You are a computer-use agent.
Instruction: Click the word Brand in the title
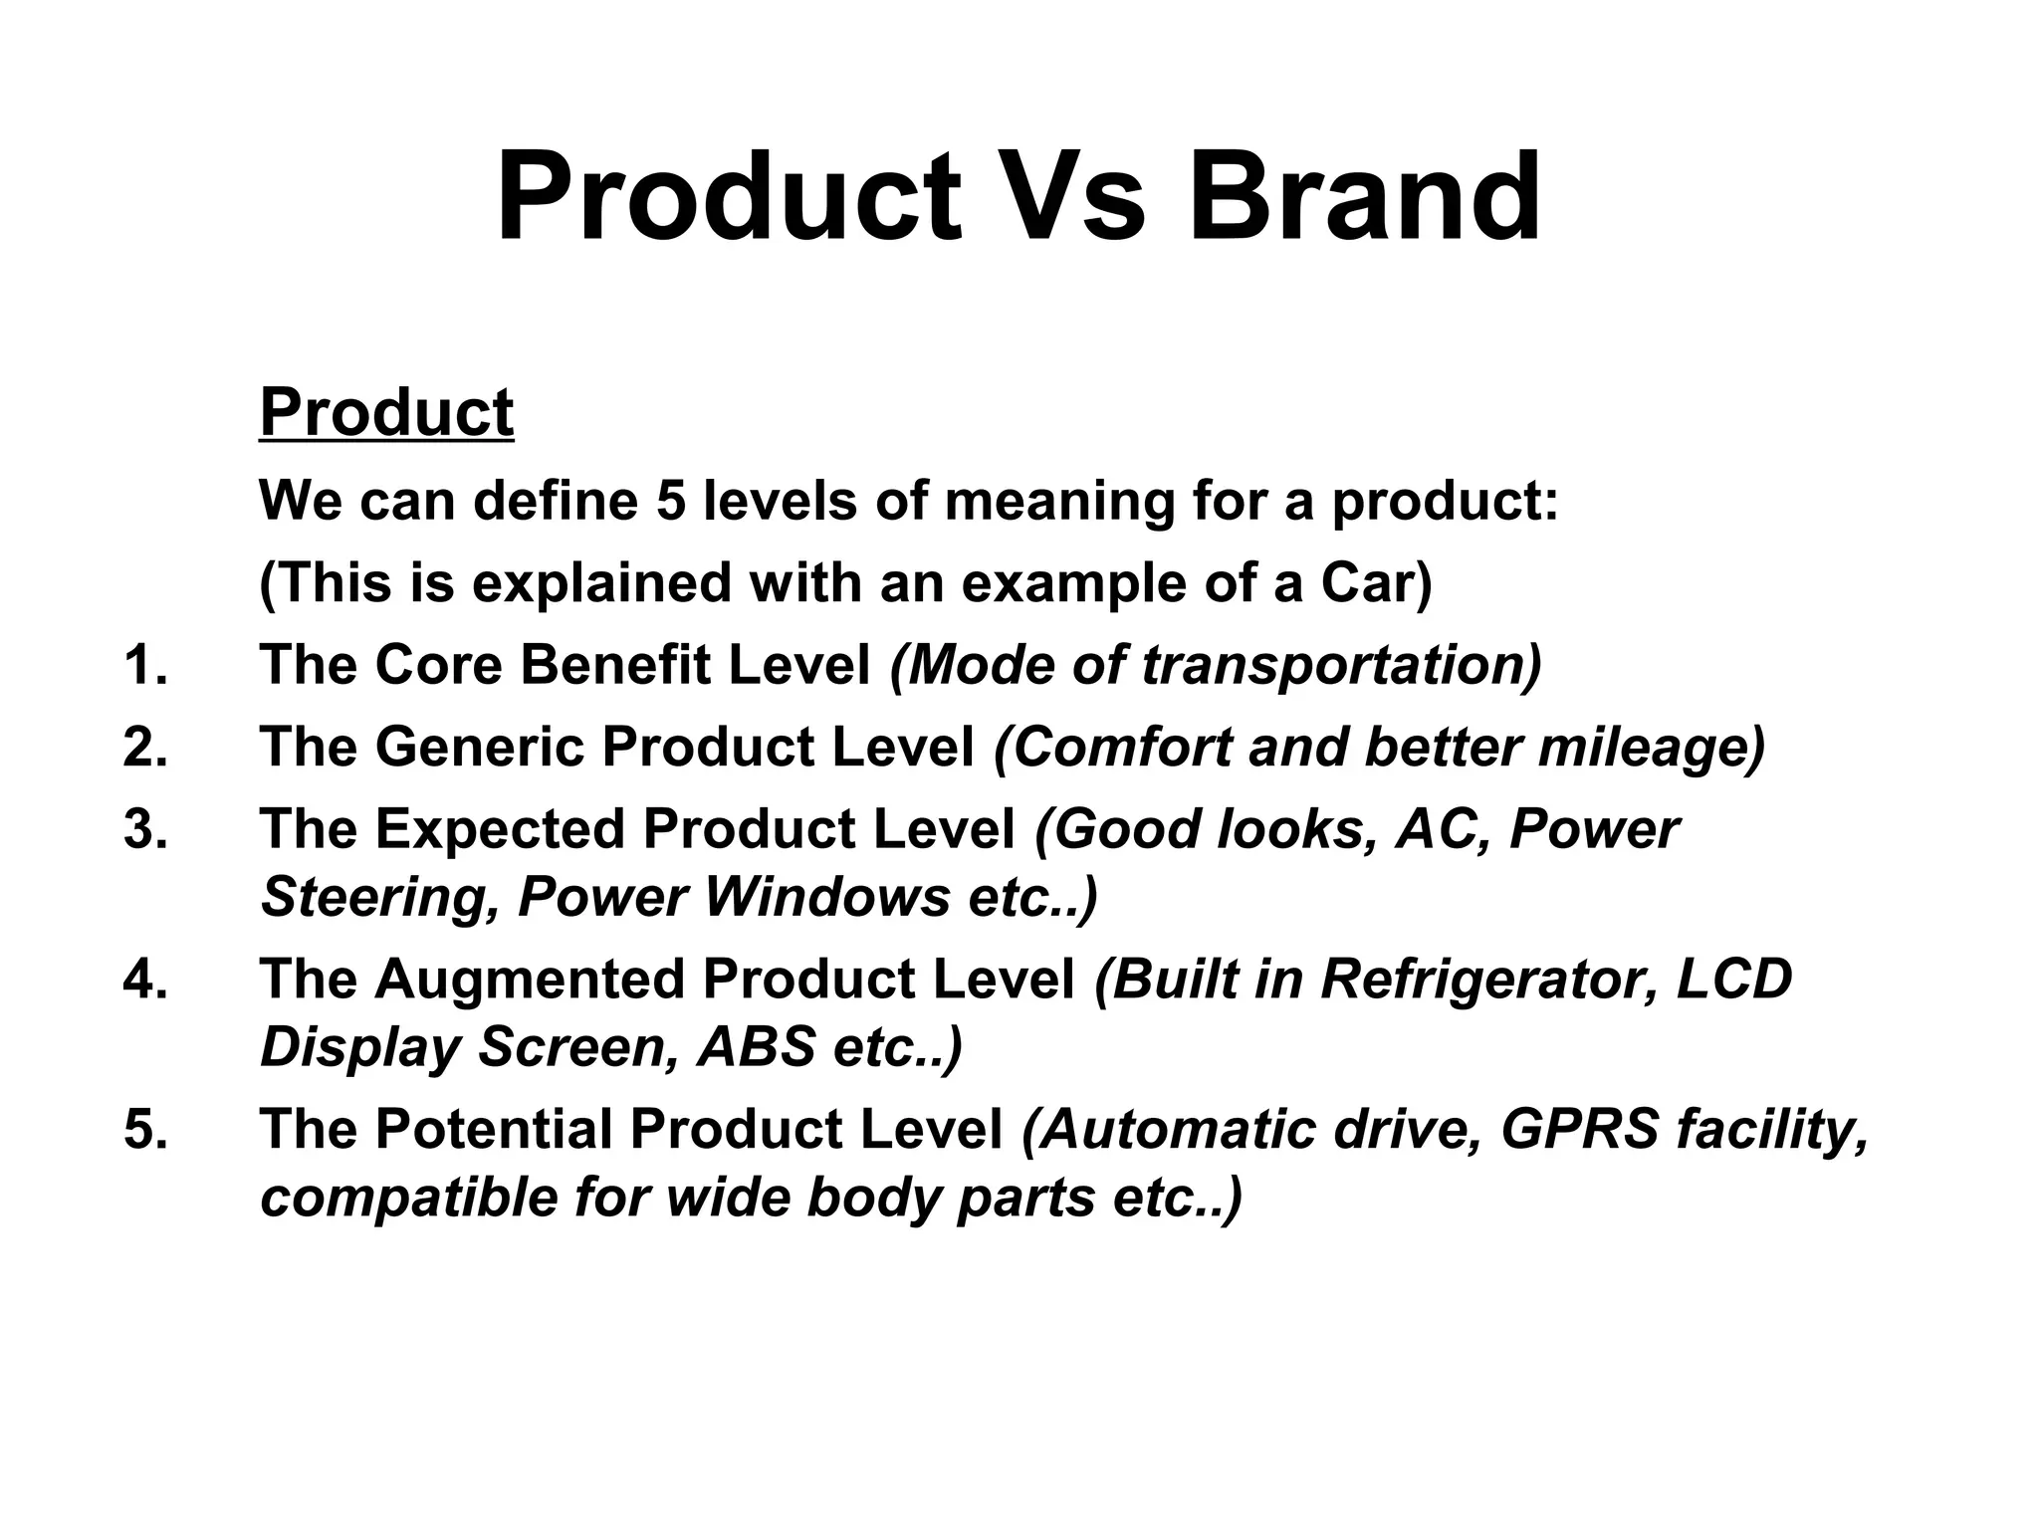[x=1364, y=196]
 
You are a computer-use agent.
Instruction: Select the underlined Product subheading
[x=386, y=413]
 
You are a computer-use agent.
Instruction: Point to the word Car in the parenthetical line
[x=1368, y=582]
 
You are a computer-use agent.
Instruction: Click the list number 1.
[x=145, y=665]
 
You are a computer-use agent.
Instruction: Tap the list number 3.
[x=145, y=829]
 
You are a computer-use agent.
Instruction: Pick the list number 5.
[x=145, y=1130]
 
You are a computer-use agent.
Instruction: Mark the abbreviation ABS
[x=757, y=1047]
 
